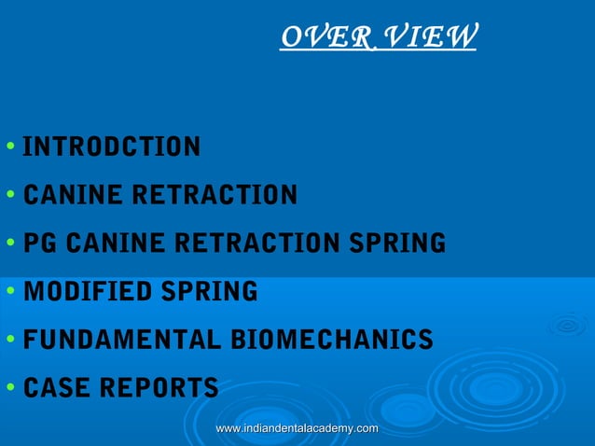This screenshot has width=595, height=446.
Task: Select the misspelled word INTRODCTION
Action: pyautogui.click(x=111, y=146)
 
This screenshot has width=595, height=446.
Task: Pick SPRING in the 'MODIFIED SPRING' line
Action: pyautogui.click(x=211, y=292)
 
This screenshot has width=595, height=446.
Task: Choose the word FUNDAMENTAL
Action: pyautogui.click(x=117, y=341)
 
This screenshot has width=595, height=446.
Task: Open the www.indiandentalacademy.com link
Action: pyautogui.click(x=297, y=428)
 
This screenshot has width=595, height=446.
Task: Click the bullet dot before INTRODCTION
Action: pyautogui.click(x=8, y=147)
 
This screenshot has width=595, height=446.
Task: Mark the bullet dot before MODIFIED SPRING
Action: pyautogui.click(x=8, y=292)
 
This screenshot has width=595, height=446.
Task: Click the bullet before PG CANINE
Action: pyautogui.click(x=8, y=244)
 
